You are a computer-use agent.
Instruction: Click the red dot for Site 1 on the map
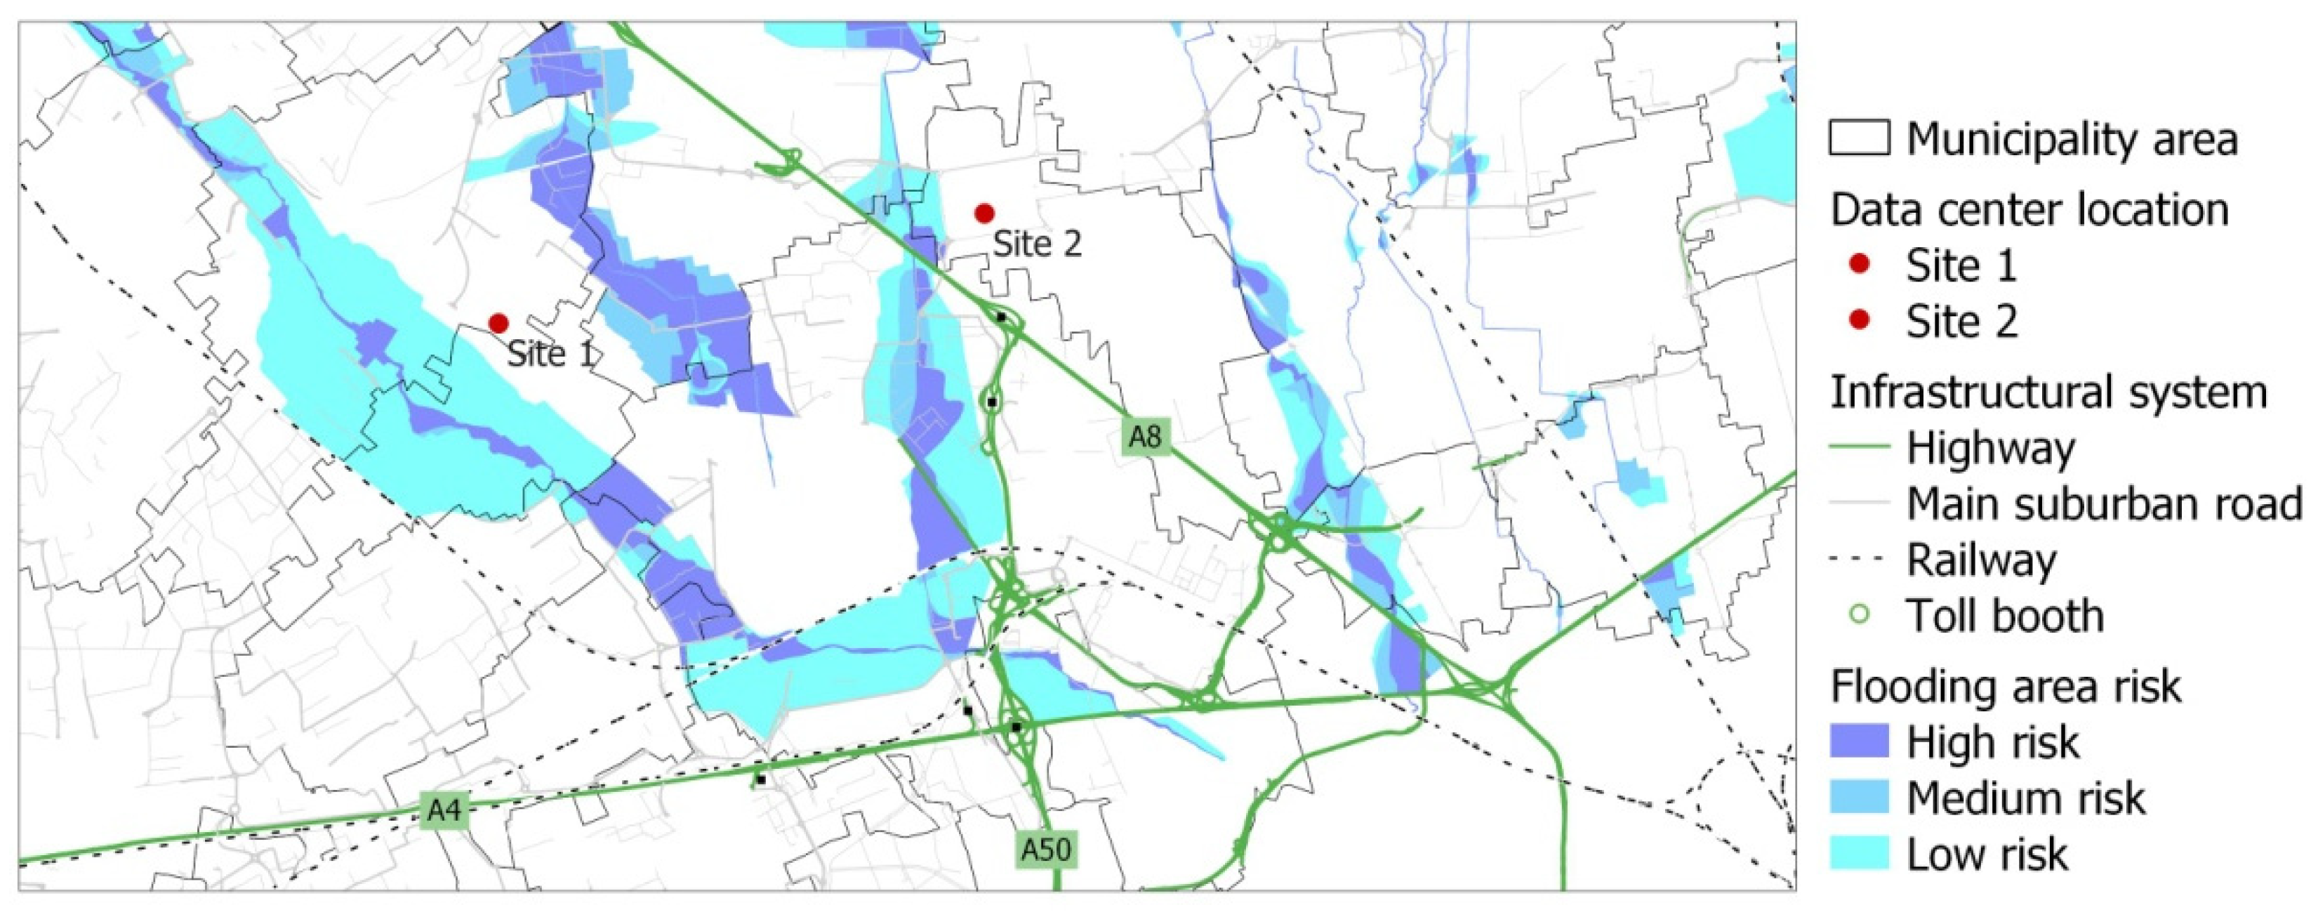[498, 323]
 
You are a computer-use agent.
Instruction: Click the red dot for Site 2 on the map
[984, 213]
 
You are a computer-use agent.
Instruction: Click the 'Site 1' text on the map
[550, 354]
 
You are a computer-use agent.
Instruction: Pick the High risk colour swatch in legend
[1859, 741]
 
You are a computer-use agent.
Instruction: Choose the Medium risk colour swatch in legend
[1859, 798]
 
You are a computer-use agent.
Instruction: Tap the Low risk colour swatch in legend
[1859, 853]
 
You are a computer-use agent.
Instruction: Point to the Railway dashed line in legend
[1859, 560]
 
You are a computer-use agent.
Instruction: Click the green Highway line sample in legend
[1859, 447]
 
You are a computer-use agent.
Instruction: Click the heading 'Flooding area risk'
[2006, 687]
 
